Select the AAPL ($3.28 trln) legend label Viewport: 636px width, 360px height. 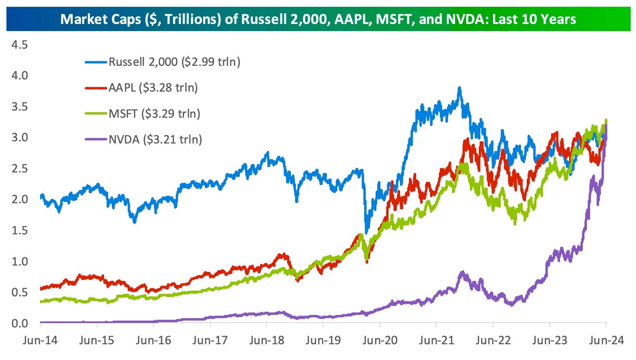(153, 88)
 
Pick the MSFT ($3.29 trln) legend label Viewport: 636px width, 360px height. (154, 113)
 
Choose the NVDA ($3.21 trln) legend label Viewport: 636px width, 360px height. (155, 139)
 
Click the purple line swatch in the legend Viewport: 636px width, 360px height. (96, 139)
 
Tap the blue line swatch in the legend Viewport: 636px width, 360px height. (96, 62)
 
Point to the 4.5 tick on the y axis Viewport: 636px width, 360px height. (19, 45)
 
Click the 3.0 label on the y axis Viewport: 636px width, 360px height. (19, 137)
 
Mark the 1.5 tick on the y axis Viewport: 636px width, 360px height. (19, 230)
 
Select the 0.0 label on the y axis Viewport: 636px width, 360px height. (19, 323)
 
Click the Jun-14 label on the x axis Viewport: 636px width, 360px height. (40, 340)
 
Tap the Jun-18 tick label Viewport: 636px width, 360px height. (266, 340)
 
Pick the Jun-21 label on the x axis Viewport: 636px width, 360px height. (436, 340)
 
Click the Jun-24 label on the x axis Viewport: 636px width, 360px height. (606, 340)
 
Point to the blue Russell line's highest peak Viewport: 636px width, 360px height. (459, 88)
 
